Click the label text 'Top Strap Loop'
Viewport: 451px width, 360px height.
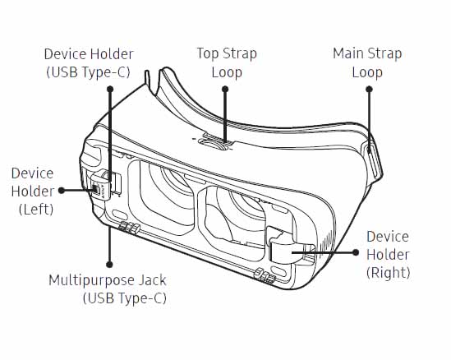click(227, 62)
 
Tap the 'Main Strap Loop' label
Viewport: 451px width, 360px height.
click(367, 62)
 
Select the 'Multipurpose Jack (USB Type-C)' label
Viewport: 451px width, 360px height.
click(108, 288)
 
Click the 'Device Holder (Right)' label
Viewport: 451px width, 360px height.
click(388, 255)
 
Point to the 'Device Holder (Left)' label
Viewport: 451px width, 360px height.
click(33, 191)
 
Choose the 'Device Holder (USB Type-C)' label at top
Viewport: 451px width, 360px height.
click(89, 63)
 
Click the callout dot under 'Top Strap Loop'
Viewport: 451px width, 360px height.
click(225, 90)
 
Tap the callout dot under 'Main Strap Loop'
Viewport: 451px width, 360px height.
click(370, 90)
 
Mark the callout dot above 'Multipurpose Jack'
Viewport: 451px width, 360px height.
click(109, 265)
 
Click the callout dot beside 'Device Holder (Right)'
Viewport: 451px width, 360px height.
click(356, 252)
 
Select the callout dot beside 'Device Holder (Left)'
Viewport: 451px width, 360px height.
click(62, 190)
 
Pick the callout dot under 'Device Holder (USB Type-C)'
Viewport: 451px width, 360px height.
click(110, 90)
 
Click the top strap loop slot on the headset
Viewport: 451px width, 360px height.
click(214, 143)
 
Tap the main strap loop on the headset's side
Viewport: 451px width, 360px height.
click(375, 159)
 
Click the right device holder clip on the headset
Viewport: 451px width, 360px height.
click(291, 247)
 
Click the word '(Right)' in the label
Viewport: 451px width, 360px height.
click(388, 272)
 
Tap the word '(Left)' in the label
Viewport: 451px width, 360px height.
click(36, 210)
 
